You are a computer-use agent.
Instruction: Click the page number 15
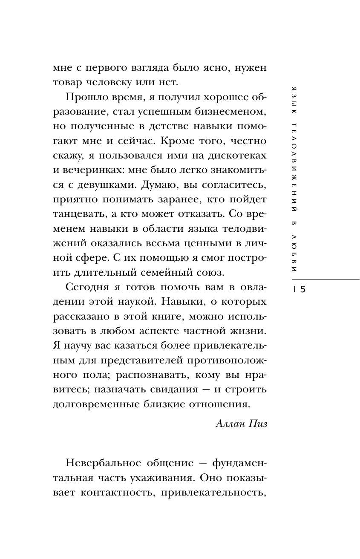coord(299,289)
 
